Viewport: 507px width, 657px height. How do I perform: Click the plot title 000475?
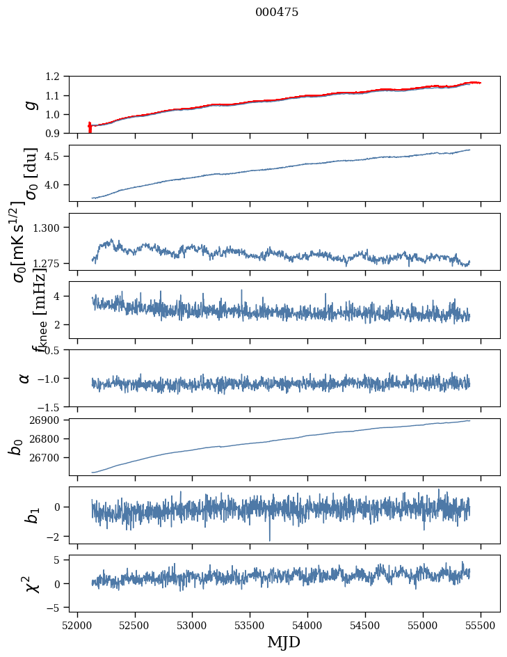pyautogui.click(x=277, y=13)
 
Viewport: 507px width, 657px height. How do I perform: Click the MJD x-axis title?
pyautogui.click(x=284, y=642)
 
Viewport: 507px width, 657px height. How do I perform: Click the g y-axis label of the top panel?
pyautogui.click(x=29, y=105)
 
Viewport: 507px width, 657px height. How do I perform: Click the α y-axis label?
pyautogui.click(x=25, y=378)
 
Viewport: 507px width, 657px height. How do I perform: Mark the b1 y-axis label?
pyautogui.click(x=31, y=515)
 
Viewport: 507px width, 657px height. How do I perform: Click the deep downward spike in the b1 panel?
pyautogui.click(x=269, y=537)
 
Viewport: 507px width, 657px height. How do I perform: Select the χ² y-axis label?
pyautogui.click(x=31, y=583)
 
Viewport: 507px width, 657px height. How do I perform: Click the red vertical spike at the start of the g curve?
pyautogui.click(x=90, y=127)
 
